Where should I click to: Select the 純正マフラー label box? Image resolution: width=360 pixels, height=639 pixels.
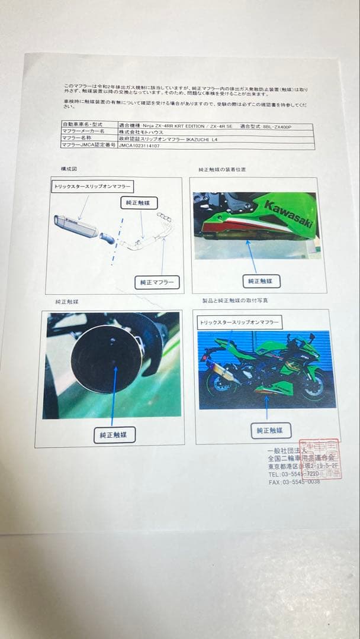coord(157,282)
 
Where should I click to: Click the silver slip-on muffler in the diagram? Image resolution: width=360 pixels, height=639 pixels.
coord(77,226)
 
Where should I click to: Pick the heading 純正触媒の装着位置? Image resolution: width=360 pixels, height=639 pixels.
coord(222,170)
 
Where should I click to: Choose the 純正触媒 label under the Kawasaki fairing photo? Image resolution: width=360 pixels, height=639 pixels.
coord(260,282)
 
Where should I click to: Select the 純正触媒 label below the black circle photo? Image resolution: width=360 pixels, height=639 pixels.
coord(114,435)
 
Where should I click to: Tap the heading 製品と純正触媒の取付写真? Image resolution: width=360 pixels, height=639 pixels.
coord(235,301)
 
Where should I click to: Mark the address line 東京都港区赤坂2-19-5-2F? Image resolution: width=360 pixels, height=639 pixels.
coord(302,466)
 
